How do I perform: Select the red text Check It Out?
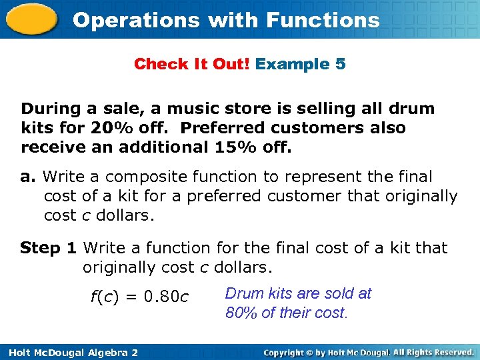pyautogui.click(x=192, y=65)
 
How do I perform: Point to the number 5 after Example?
pyautogui.click(x=340, y=65)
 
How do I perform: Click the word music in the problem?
pyautogui.click(x=195, y=109)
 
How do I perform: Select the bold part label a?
pyautogui.click(x=27, y=177)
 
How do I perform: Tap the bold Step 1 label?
pyautogui.click(x=48, y=248)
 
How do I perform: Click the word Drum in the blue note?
pyautogui.click(x=244, y=293)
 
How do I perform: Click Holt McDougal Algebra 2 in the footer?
pyautogui.click(x=69, y=352)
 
